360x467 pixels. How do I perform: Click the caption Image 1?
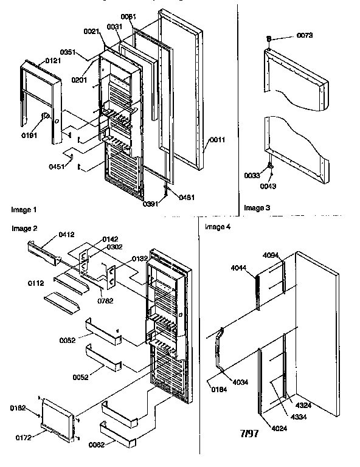(x=24, y=210)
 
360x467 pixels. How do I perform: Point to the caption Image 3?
(x=257, y=208)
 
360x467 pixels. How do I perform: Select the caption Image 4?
(x=218, y=227)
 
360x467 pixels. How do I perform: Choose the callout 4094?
(x=272, y=255)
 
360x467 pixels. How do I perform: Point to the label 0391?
(x=150, y=204)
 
